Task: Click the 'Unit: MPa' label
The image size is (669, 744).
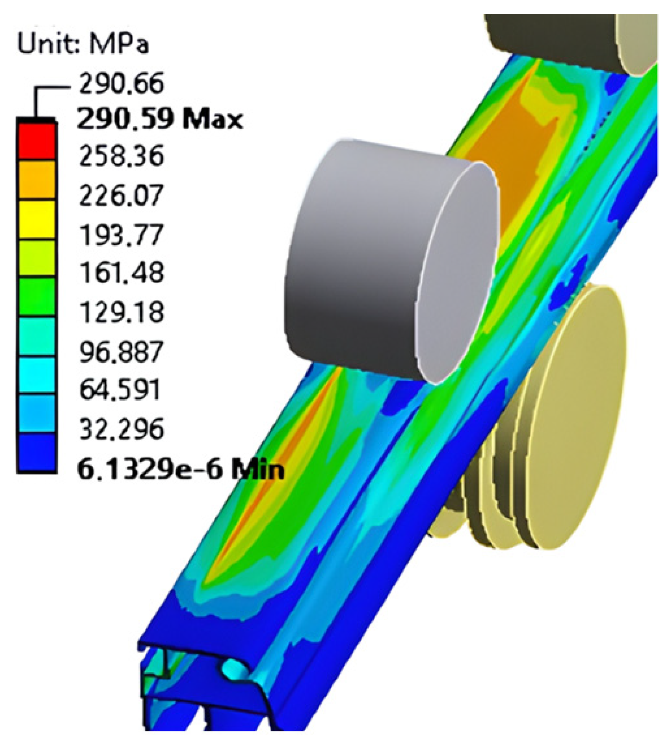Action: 83,45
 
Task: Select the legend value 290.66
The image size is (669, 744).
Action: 121,84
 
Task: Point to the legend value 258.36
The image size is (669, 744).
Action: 121,156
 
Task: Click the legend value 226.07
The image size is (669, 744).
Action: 121,195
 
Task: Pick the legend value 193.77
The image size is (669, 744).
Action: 121,235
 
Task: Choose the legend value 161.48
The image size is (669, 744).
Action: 121,273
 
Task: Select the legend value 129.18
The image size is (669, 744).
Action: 121,312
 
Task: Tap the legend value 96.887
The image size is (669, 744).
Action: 121,352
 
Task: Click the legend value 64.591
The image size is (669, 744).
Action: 119,390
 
